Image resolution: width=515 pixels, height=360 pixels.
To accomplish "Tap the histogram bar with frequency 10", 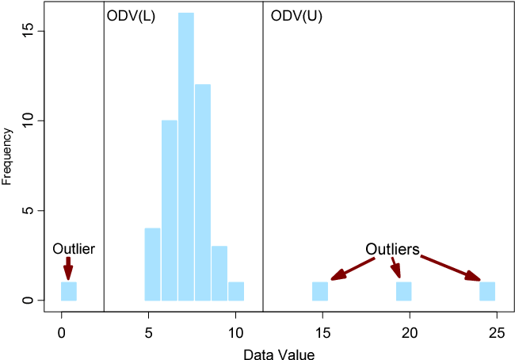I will pyautogui.click(x=170, y=210).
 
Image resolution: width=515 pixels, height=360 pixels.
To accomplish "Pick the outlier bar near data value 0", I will pyautogui.click(x=69, y=291).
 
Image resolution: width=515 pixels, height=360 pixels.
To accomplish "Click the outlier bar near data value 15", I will pyautogui.click(x=320, y=291).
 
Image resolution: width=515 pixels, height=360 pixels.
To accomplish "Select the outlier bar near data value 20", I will pyautogui.click(x=404, y=291).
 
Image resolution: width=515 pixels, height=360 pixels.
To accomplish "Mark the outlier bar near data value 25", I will pyautogui.click(x=487, y=291).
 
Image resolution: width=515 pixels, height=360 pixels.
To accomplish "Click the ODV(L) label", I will pyautogui.click(x=130, y=16).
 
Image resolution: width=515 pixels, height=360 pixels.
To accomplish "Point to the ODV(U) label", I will pyautogui.click(x=296, y=16).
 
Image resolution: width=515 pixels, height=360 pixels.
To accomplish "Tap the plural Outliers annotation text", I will pyautogui.click(x=392, y=248).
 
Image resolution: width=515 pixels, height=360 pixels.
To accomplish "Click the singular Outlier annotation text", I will pyautogui.click(x=74, y=249).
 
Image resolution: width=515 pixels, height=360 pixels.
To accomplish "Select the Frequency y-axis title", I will pyautogui.click(x=7, y=156).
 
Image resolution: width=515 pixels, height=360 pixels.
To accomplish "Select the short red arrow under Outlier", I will pyautogui.click(x=68, y=267).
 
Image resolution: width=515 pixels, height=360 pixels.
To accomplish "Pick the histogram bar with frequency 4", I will pyautogui.click(x=153, y=264).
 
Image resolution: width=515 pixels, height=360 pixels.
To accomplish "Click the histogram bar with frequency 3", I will pyautogui.click(x=219, y=273).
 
